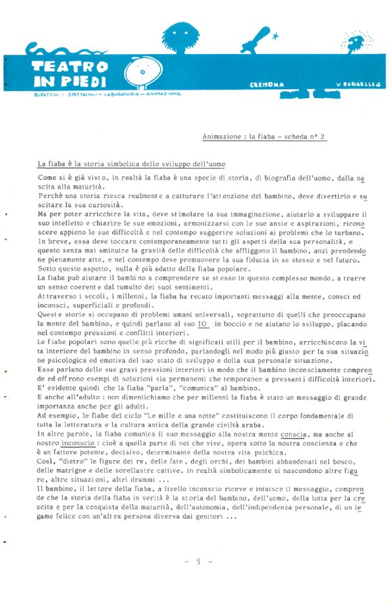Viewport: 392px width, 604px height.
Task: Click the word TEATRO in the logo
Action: [x=70, y=66]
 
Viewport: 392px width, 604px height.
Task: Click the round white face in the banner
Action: [x=143, y=72]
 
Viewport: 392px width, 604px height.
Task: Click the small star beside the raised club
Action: [x=274, y=38]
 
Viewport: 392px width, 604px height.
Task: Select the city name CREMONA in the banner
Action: [x=267, y=84]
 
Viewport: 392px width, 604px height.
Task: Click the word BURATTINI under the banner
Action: [x=46, y=94]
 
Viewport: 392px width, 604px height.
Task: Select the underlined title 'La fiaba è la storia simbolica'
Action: [x=130, y=164]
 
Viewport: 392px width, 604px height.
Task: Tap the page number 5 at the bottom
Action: [x=199, y=561]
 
